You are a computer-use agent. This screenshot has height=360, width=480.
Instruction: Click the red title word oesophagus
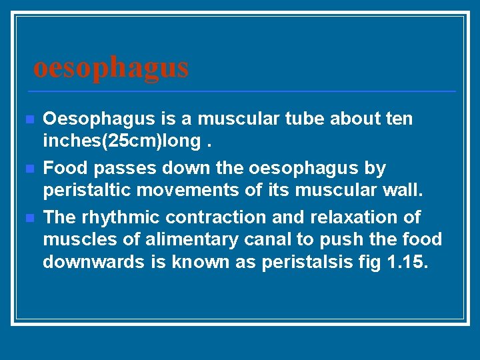pyautogui.click(x=111, y=67)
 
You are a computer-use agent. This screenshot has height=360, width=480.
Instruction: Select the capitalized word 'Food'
pyautogui.click(x=63, y=168)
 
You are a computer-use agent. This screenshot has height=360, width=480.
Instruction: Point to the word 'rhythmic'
pyautogui.click(x=121, y=217)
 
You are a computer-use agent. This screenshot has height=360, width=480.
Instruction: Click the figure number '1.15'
pyautogui.click(x=407, y=262)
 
